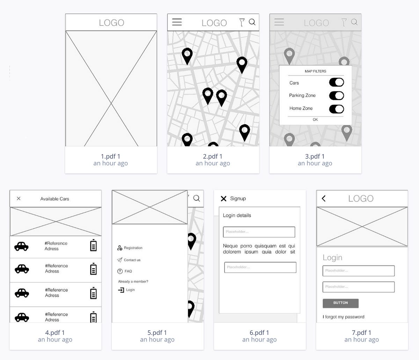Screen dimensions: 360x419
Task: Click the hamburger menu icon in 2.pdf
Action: coord(177,22)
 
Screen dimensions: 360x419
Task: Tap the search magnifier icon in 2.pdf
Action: coord(252,22)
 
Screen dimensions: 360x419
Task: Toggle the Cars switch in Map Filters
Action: coord(336,82)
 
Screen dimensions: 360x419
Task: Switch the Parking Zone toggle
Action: coord(336,96)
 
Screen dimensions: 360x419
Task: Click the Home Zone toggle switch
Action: coord(336,109)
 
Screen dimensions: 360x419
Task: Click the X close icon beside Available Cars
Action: coord(19,198)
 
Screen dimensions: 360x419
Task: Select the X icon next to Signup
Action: coord(223,198)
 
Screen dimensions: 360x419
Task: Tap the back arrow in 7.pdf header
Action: coord(324,198)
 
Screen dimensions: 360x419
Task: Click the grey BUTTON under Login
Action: coord(340,303)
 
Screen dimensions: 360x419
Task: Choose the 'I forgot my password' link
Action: coord(343,317)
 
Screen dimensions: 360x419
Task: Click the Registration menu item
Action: coord(133,248)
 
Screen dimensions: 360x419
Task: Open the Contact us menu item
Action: coord(132,260)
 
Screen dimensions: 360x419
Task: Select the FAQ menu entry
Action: coord(128,271)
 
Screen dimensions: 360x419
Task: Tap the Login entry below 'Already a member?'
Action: coord(130,290)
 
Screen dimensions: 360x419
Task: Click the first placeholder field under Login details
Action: coord(259,232)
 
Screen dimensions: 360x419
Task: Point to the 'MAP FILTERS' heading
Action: coord(315,71)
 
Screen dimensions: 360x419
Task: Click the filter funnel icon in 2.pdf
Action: coord(242,23)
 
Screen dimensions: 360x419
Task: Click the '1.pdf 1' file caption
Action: coord(111,156)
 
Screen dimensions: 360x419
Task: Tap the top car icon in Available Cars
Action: coord(21,246)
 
